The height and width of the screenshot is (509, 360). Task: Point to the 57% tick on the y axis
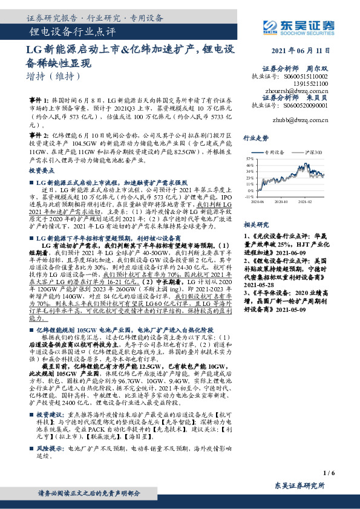[x=250, y=158]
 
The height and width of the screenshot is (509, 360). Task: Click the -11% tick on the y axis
[x=249, y=196]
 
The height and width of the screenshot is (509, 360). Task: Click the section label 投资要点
[x=41, y=172]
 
